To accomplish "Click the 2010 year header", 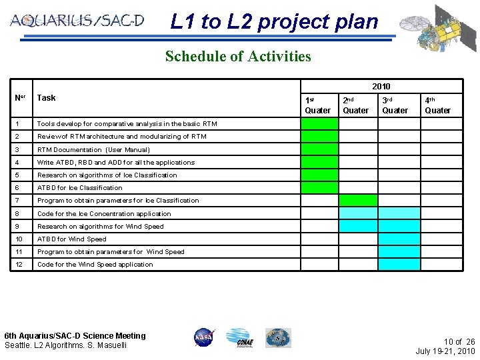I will tap(381, 87).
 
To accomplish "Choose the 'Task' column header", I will tap(47, 98).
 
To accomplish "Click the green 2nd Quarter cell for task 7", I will tap(358, 201).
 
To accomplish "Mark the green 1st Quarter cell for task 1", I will tap(319, 124).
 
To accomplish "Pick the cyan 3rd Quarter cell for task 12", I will tap(399, 265).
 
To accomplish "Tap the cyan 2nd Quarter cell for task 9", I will tap(358, 226).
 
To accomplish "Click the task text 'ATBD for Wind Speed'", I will tap(72, 239).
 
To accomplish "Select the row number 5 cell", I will tap(23, 175).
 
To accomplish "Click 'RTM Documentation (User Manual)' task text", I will tap(93, 150).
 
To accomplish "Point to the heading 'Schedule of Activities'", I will tap(238, 57).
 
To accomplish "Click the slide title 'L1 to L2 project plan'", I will tap(274, 22).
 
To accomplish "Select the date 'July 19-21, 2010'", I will tap(445, 351).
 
